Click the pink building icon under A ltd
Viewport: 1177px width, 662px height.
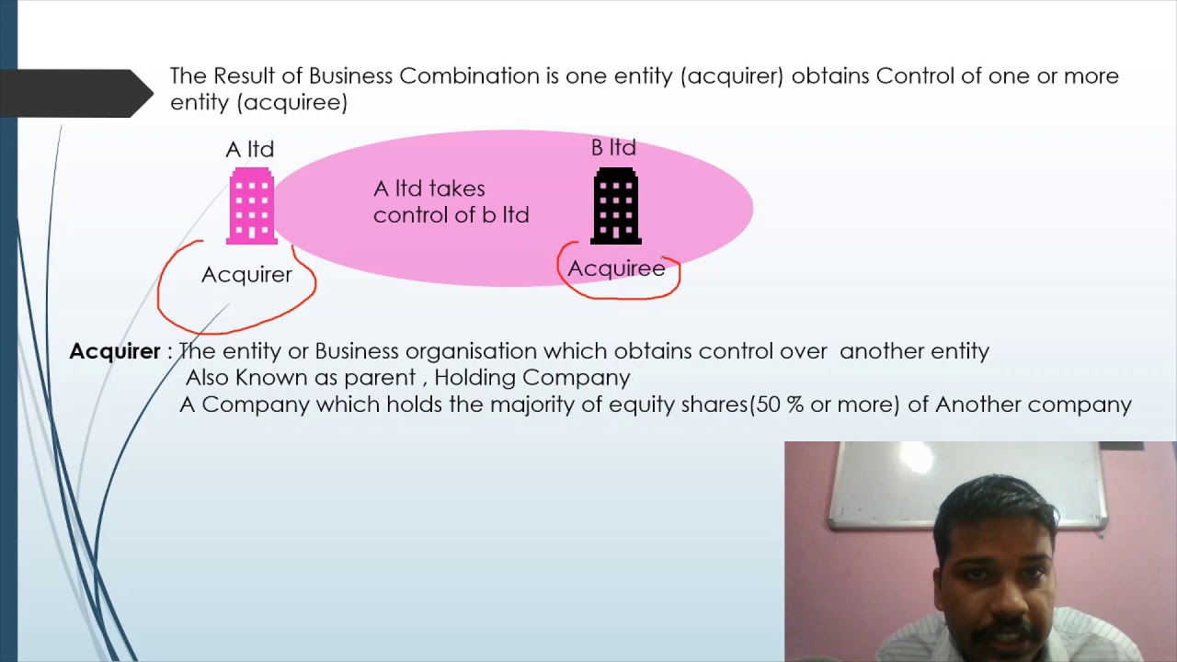(252, 206)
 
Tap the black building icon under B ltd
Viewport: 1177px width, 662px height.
(616, 206)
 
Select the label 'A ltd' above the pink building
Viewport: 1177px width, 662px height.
(250, 149)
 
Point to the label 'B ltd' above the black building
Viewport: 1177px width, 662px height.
(613, 147)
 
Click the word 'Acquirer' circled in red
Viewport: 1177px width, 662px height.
(246, 275)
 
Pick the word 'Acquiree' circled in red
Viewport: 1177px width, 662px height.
(616, 268)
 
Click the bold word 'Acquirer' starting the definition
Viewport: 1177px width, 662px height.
(115, 351)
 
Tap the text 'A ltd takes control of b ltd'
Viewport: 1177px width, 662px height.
(451, 201)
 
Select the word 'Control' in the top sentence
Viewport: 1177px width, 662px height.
(915, 75)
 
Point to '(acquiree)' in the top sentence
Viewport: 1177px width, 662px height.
(291, 102)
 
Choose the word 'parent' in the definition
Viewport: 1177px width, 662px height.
(379, 378)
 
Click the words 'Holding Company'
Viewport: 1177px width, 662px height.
(532, 378)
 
